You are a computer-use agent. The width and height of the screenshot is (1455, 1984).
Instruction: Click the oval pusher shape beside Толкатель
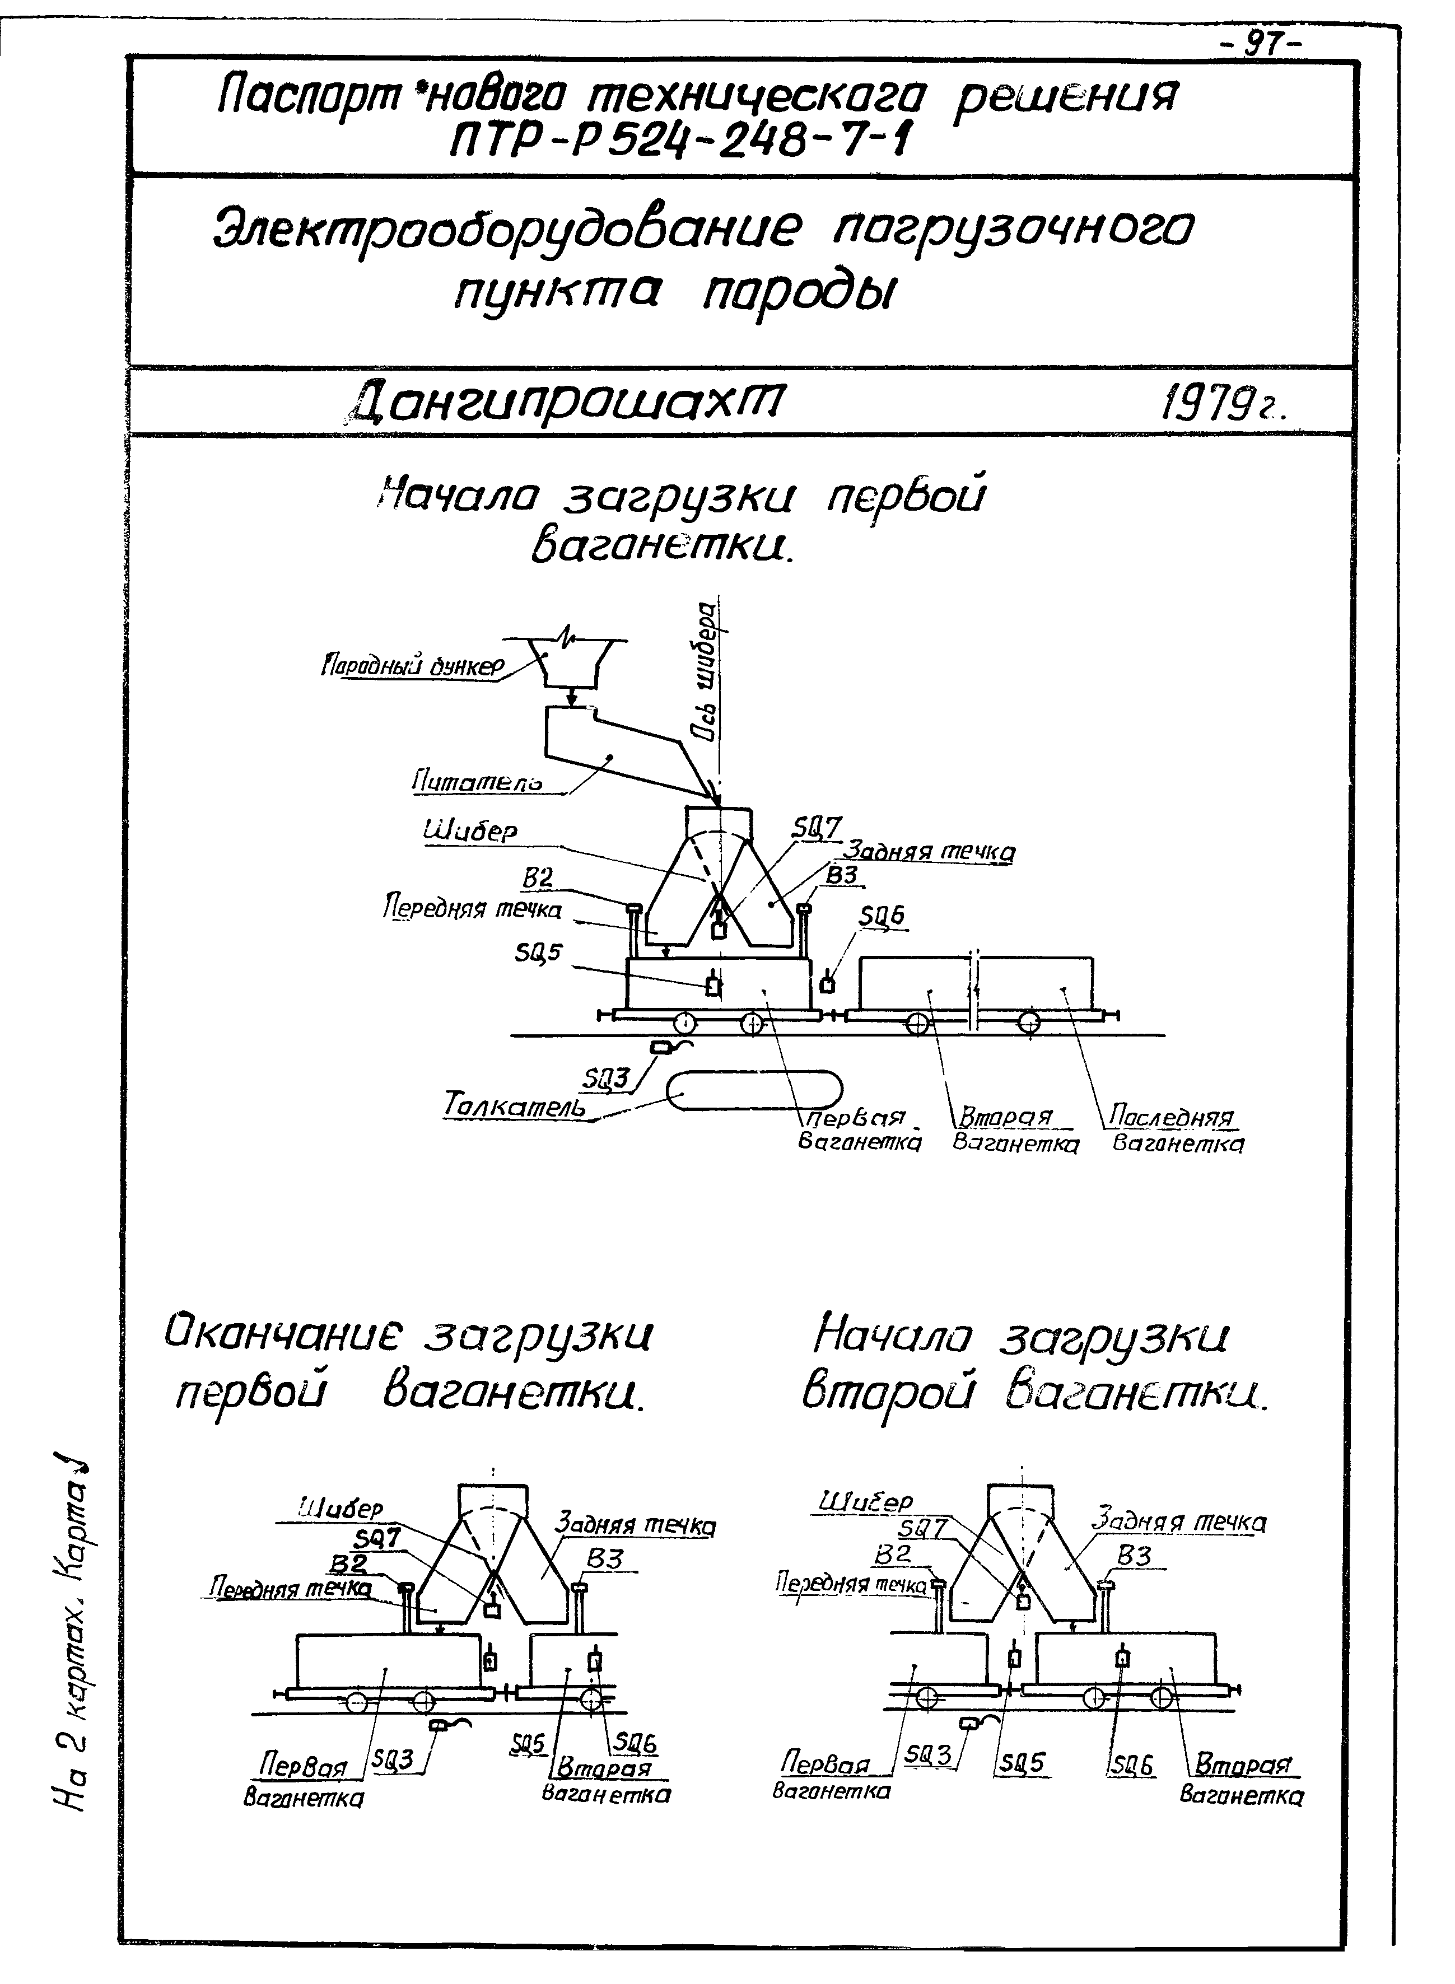point(755,1090)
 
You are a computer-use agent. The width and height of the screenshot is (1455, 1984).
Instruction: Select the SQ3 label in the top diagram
point(608,1078)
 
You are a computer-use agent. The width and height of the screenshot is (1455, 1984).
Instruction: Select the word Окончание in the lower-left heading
point(282,1338)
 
